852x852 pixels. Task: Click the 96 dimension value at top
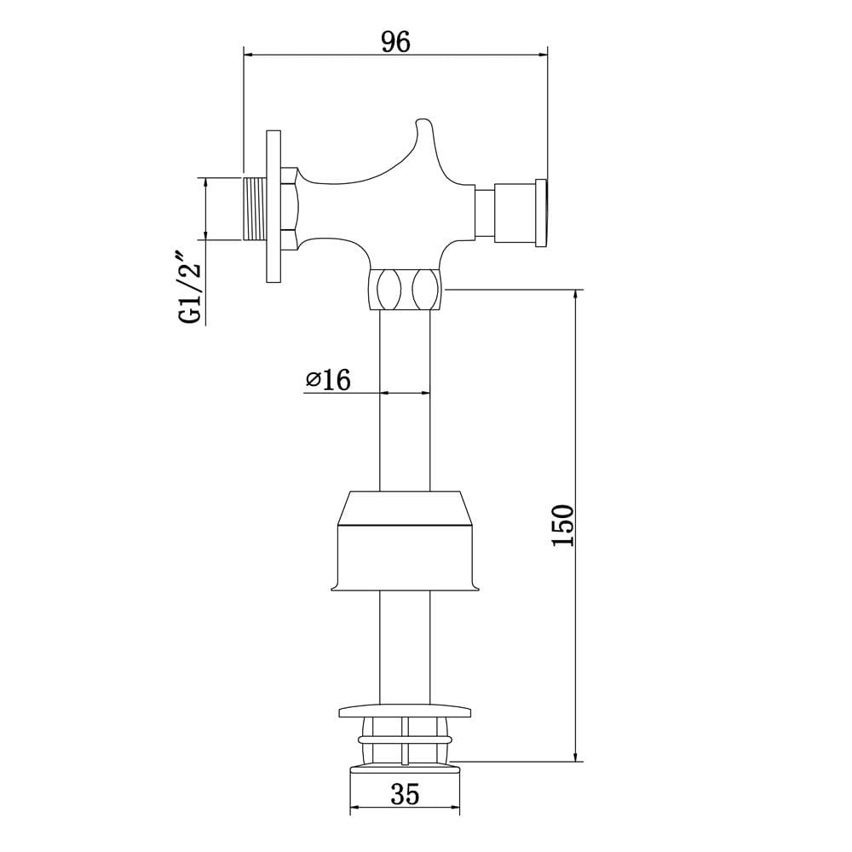pos(395,42)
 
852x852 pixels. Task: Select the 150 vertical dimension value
pos(563,526)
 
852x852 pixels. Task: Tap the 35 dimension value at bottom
pos(405,795)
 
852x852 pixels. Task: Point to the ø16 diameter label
pos(328,379)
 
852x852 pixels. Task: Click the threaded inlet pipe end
pos(254,208)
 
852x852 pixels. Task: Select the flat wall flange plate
pos(273,206)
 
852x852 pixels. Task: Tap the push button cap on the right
pos(541,212)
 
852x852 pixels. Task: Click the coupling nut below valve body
pos(406,289)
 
